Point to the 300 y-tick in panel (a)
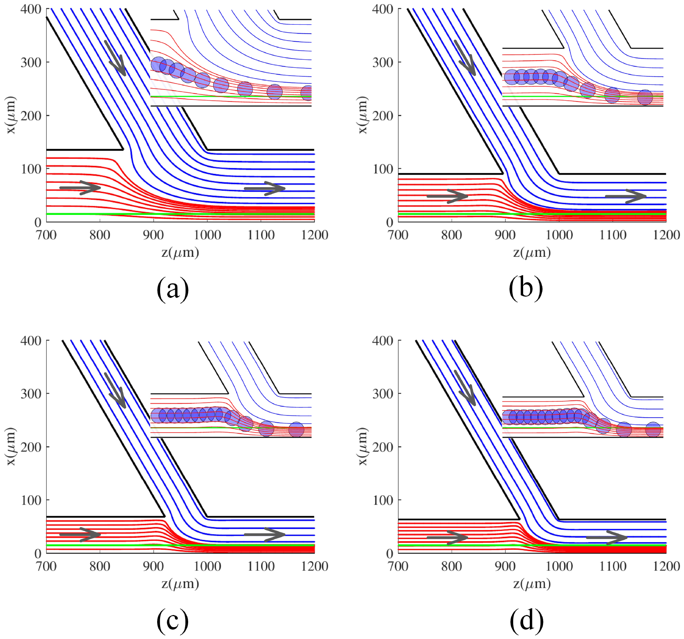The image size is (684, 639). [x=31, y=62]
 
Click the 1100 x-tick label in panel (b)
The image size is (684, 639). [x=613, y=235]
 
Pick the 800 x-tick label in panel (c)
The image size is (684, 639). [x=100, y=566]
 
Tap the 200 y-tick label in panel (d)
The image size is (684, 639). [x=383, y=447]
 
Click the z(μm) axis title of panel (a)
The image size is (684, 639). [x=180, y=252]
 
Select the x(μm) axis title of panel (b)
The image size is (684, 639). [x=363, y=115]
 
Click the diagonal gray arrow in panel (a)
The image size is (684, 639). [x=115, y=58]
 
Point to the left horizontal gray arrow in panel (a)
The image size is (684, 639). [x=80, y=188]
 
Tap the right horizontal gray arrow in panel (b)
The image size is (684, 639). [x=626, y=196]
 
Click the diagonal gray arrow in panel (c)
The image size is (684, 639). [x=115, y=391]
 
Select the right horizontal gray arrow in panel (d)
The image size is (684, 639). [x=607, y=537]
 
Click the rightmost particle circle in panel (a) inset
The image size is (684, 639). [x=307, y=93]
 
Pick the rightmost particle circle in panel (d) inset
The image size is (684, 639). [x=653, y=429]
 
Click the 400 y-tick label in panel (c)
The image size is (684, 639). [x=31, y=341]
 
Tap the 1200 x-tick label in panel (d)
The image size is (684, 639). [x=666, y=566]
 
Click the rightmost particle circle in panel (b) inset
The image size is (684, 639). [x=645, y=97]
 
